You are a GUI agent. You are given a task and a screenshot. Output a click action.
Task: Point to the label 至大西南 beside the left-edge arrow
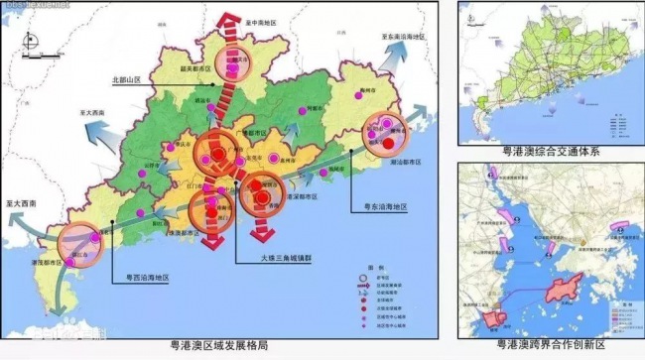point(21,202)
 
